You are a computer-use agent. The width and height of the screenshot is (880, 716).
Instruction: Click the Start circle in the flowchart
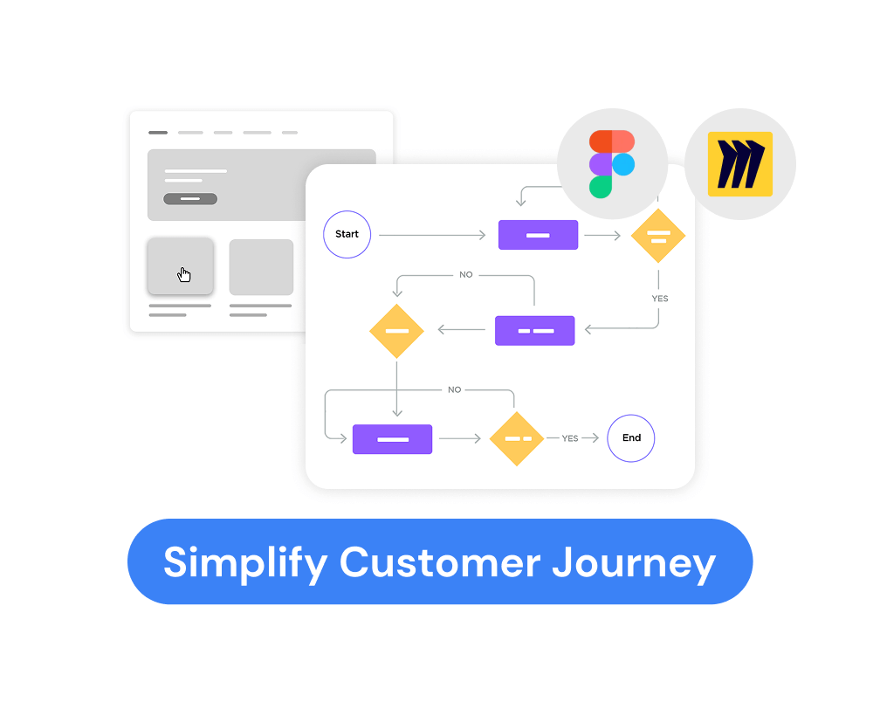coord(347,234)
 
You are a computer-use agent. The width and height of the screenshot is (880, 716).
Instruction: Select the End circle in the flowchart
coord(631,438)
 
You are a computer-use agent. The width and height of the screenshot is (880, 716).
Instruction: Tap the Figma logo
coord(611,163)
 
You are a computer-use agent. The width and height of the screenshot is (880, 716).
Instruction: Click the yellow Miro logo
coord(739,164)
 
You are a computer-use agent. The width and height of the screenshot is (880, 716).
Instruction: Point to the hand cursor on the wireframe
coord(184,275)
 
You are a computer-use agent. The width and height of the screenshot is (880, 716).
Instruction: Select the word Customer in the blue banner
coord(440,561)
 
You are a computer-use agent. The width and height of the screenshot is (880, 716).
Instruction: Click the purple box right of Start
coord(538,235)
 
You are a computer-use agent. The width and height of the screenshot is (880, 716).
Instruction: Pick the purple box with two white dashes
coord(534,331)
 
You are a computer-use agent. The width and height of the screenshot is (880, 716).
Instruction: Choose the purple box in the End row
coord(392,439)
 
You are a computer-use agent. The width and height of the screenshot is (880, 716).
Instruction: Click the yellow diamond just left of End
coord(517,438)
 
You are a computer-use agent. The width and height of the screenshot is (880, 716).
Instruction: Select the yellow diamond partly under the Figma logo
coord(658,236)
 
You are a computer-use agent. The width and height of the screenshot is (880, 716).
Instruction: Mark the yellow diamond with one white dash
coord(396,331)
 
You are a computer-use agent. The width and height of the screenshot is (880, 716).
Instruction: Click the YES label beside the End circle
coord(570,438)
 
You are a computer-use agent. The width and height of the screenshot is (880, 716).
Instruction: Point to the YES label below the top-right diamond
coord(660,299)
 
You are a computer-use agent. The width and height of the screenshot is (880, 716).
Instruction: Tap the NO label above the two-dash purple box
coord(466,274)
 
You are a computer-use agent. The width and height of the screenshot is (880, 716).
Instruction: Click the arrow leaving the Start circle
coord(431,235)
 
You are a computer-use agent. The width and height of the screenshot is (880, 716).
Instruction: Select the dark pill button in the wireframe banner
coord(190,199)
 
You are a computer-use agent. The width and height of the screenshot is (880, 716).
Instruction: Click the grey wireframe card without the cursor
coord(261,267)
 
